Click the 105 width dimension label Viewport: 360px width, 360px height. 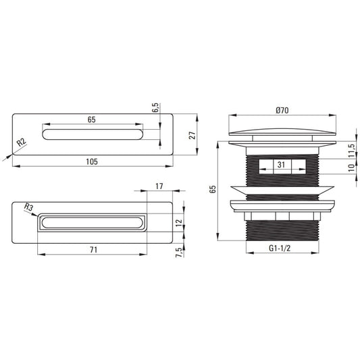(92, 161)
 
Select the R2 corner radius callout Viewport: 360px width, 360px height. (22, 143)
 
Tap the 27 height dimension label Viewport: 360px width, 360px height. (192, 135)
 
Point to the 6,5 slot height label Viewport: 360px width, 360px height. (155, 107)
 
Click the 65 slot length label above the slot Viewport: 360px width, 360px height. (91, 120)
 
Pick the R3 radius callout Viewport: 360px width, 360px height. (28, 207)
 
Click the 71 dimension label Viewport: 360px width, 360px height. (93, 249)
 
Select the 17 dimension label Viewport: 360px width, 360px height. (159, 186)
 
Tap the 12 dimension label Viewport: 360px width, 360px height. (178, 223)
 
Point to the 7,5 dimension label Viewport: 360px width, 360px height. (179, 253)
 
